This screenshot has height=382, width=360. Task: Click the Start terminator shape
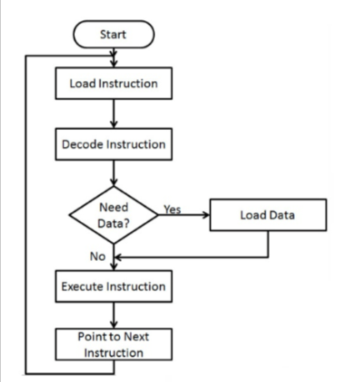tap(113, 34)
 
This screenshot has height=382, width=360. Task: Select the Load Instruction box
tap(113, 83)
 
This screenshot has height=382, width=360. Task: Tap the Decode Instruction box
tap(113, 144)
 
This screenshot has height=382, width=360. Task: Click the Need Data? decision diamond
tap(113, 215)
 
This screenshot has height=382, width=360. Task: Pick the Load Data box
tap(268, 215)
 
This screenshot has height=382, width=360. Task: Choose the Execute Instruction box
tap(113, 286)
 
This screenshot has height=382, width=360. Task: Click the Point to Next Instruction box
tap(113, 344)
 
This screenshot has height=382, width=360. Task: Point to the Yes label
tap(172, 209)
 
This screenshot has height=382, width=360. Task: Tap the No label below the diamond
tap(97, 256)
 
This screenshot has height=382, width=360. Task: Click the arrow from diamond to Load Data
tap(183, 215)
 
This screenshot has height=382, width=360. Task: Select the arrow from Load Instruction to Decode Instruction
tap(113, 113)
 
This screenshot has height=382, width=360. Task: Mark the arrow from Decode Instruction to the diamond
tap(113, 173)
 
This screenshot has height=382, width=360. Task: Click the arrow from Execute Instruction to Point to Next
tap(113, 315)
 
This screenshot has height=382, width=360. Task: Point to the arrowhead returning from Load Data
tap(117, 258)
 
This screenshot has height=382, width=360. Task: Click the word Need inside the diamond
tap(113, 207)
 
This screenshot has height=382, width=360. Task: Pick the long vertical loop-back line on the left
tap(26, 215)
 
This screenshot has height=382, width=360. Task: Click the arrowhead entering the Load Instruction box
tap(113, 63)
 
